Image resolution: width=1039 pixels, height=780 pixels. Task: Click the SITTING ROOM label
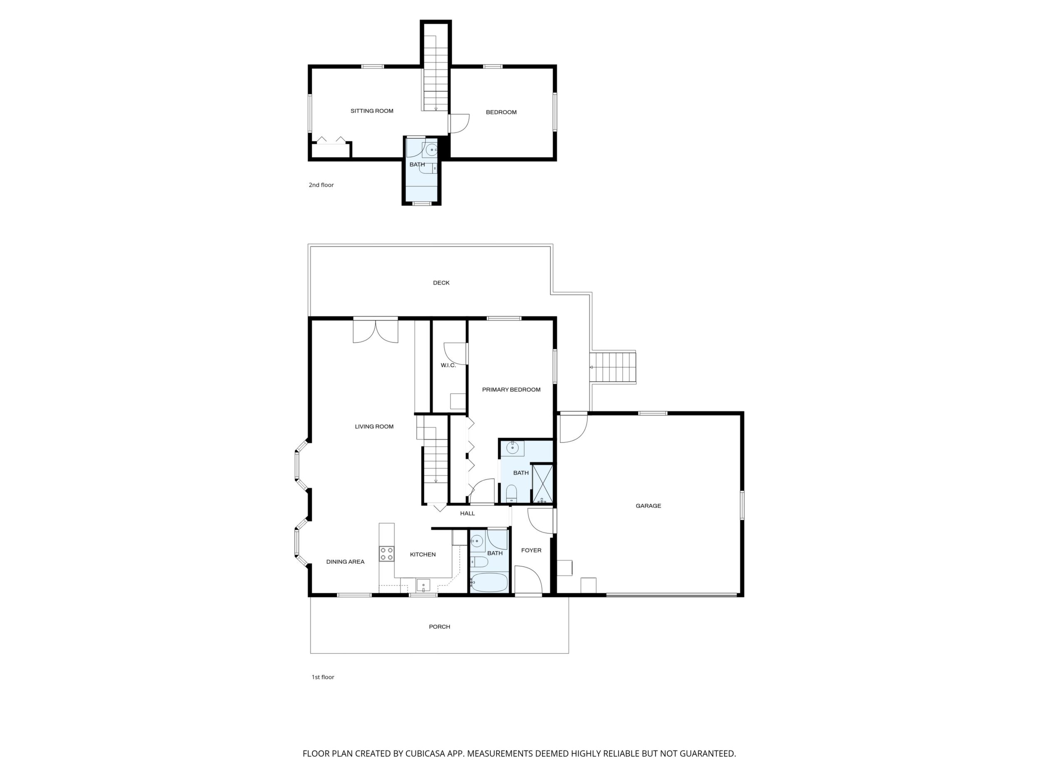point(372,111)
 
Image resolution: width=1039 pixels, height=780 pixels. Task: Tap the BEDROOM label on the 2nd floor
point(501,112)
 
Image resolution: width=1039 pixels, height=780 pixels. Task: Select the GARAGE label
point(648,506)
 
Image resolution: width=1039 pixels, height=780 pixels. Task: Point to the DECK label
point(441,282)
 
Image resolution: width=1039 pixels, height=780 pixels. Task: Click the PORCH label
point(439,627)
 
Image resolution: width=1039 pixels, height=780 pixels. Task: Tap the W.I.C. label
point(448,365)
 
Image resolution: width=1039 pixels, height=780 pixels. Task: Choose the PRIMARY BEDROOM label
point(511,390)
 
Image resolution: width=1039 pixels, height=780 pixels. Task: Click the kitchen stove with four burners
point(387,554)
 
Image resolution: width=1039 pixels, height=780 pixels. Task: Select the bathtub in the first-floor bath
point(489,582)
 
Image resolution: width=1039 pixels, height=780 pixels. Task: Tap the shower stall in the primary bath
point(542,484)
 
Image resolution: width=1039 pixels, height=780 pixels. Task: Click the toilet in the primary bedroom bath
point(511,494)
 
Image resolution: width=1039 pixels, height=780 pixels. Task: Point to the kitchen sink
point(423,585)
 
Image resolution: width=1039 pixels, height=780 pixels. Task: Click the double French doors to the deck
point(375,331)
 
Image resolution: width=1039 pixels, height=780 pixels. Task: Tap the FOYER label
point(531,550)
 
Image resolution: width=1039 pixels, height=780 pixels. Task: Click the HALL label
point(467,513)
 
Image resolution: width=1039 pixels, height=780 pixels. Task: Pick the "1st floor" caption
point(323,677)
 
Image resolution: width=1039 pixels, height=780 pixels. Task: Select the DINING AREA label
point(345,562)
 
